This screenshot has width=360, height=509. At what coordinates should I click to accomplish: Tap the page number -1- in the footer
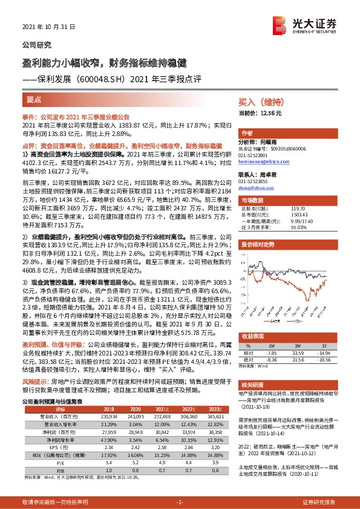pyautogui.click(x=180, y=502)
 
